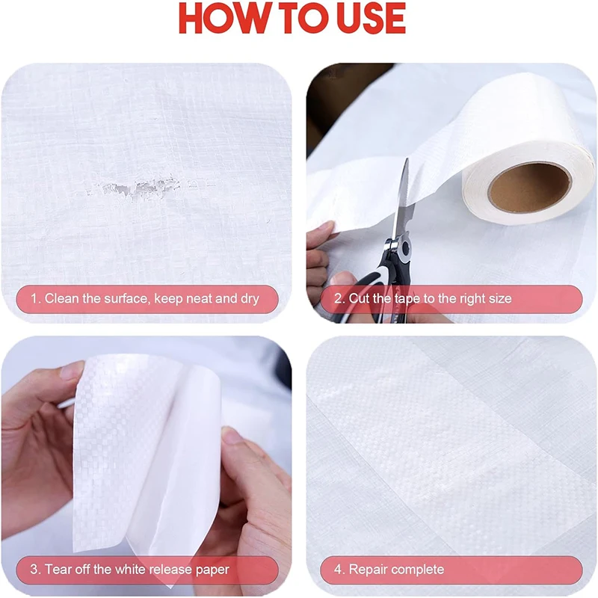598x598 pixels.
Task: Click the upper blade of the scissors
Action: click(404, 194)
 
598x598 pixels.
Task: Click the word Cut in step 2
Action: click(360, 299)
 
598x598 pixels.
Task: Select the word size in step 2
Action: click(498, 299)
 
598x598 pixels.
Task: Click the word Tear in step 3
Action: click(59, 570)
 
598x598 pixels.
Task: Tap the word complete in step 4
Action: click(418, 570)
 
